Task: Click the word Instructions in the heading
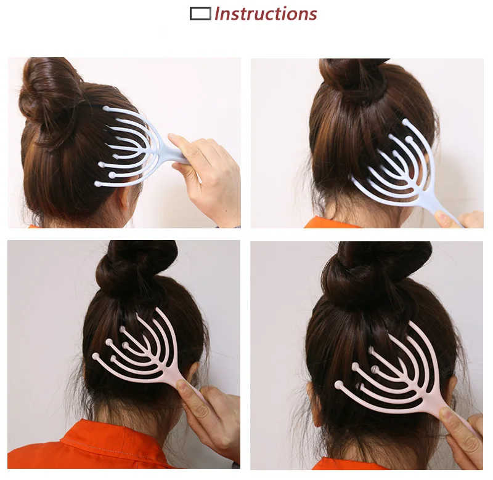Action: coord(266,14)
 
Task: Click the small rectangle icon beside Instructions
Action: coord(200,13)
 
